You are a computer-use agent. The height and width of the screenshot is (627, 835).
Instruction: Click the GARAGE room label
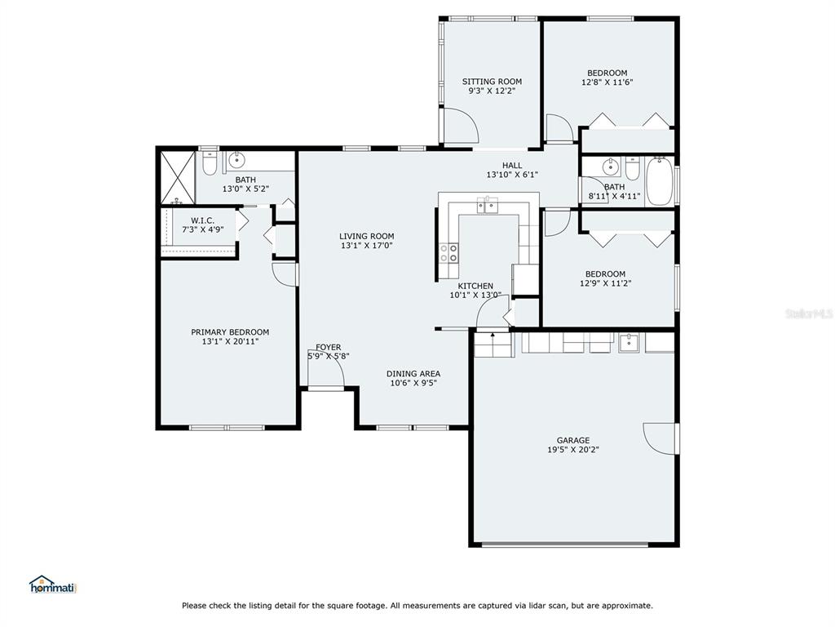[x=573, y=440]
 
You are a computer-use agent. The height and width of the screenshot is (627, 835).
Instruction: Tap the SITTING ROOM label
[x=492, y=82]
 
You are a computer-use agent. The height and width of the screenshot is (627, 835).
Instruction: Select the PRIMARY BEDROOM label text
[x=230, y=332]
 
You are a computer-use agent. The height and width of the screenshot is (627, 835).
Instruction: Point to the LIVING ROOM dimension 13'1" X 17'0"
[x=367, y=246]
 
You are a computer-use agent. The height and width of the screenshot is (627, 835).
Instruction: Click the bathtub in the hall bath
[x=659, y=180]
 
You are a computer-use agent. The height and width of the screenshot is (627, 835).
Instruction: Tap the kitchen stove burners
[x=448, y=253]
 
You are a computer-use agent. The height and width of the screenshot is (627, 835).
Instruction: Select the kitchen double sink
[x=488, y=205]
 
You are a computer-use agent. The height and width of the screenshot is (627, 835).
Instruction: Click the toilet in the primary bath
[x=210, y=164]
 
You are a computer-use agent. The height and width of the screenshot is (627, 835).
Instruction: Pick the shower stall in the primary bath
[x=177, y=177]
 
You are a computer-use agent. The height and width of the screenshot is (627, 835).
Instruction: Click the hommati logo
[x=53, y=585]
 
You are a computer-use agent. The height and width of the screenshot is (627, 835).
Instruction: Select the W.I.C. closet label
[x=202, y=220]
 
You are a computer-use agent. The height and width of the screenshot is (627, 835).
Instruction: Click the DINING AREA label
[x=413, y=374]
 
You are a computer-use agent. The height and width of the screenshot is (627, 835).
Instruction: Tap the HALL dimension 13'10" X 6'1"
[x=512, y=175]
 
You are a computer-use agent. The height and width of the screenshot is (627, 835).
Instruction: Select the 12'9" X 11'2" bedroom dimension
[x=606, y=283]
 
